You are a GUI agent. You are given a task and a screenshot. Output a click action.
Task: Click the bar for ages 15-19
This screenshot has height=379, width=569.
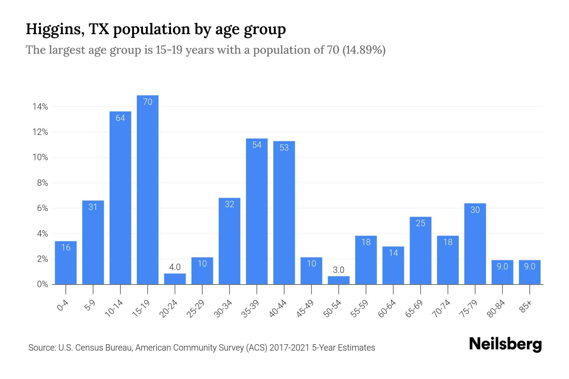[148, 189]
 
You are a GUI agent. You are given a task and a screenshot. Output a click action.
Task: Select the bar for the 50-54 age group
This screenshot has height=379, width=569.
[339, 280]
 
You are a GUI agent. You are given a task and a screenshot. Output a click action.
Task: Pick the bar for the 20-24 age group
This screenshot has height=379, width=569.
[175, 279]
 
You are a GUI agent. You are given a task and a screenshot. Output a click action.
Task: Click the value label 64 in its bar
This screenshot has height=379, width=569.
[120, 118]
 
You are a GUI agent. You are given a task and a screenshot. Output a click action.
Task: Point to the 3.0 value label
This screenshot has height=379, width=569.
[339, 270]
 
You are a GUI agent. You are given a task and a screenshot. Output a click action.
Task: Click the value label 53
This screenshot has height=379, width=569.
[284, 148]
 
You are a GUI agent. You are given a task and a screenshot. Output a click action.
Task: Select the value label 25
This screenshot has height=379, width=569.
[420, 223]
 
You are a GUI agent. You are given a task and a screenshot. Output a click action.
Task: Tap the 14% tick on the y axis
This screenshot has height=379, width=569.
[40, 107]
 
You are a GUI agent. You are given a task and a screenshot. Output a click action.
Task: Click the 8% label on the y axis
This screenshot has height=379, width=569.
[42, 183]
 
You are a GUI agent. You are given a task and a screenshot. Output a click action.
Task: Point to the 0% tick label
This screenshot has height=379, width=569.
[42, 285]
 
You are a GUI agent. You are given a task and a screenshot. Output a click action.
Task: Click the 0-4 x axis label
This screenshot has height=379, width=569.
[63, 306]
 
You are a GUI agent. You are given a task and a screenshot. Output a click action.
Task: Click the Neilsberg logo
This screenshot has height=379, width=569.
[505, 344]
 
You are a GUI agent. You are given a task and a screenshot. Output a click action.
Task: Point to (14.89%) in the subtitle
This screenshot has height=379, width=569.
[364, 50]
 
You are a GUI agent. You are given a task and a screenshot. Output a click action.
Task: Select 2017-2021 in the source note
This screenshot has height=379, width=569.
[289, 348]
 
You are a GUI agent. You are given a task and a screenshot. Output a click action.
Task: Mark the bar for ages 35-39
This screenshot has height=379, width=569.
[257, 211]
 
